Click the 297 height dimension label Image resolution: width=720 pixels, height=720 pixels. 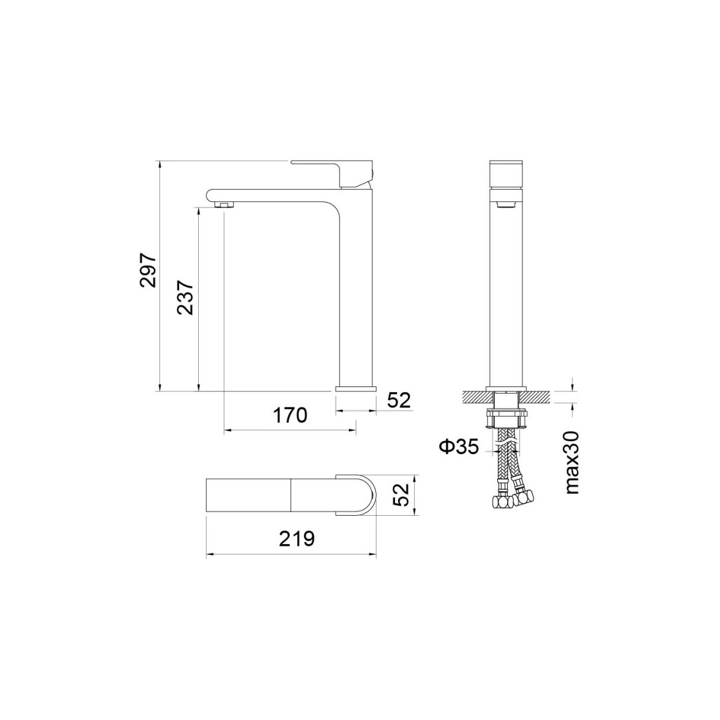point(149,270)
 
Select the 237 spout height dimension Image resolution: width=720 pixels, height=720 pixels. point(186,297)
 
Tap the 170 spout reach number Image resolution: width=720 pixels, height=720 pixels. point(290,415)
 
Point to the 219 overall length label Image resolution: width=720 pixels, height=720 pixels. point(297,538)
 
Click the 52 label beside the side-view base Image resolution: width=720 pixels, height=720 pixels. point(399,401)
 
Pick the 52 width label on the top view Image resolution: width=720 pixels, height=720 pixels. point(402,495)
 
